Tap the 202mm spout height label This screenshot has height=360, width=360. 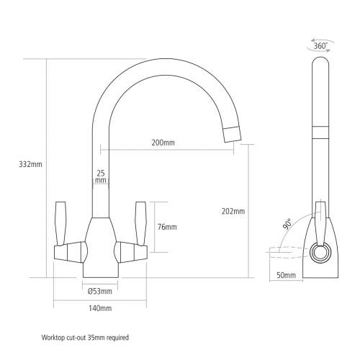click(234, 211)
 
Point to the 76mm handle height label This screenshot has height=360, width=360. click(167, 228)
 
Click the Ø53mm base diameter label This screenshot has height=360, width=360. click(99, 291)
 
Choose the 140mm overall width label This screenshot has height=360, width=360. click(100, 308)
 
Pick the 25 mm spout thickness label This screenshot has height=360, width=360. click(101, 177)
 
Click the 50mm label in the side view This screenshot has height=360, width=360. click(286, 274)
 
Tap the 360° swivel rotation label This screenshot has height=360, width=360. click(321, 46)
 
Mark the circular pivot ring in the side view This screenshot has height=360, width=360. click(320, 253)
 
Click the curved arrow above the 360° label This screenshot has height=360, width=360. click(321, 37)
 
